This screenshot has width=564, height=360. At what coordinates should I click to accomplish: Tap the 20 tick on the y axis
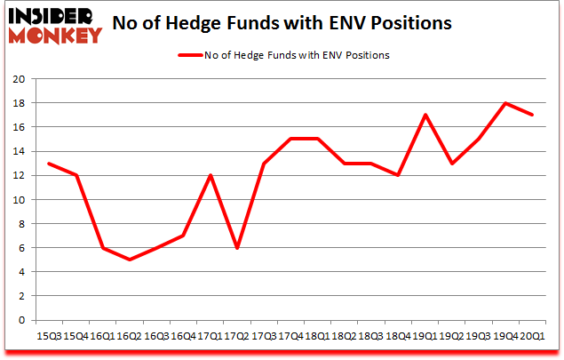coord(18,78)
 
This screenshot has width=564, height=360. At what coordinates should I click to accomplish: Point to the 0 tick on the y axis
coord(21,320)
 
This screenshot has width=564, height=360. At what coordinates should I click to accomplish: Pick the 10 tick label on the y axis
coord(18,199)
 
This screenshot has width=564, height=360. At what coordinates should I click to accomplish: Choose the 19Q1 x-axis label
coord(425,336)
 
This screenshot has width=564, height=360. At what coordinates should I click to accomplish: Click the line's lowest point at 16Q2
coord(131,260)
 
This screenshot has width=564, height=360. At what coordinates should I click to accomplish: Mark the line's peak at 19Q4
coord(505,103)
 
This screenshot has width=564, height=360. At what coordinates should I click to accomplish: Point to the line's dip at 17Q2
coord(237,248)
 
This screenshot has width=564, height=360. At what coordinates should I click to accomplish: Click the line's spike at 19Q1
coord(426,115)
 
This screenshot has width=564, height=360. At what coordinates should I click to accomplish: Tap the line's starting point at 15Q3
coord(49,163)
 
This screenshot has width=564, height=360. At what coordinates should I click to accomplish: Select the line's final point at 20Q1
coord(533,115)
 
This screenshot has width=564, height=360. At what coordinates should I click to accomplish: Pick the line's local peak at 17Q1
coord(210,175)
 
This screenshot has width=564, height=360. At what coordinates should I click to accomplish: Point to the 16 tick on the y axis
coord(18,126)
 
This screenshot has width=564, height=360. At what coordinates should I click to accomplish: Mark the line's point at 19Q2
coord(453,163)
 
